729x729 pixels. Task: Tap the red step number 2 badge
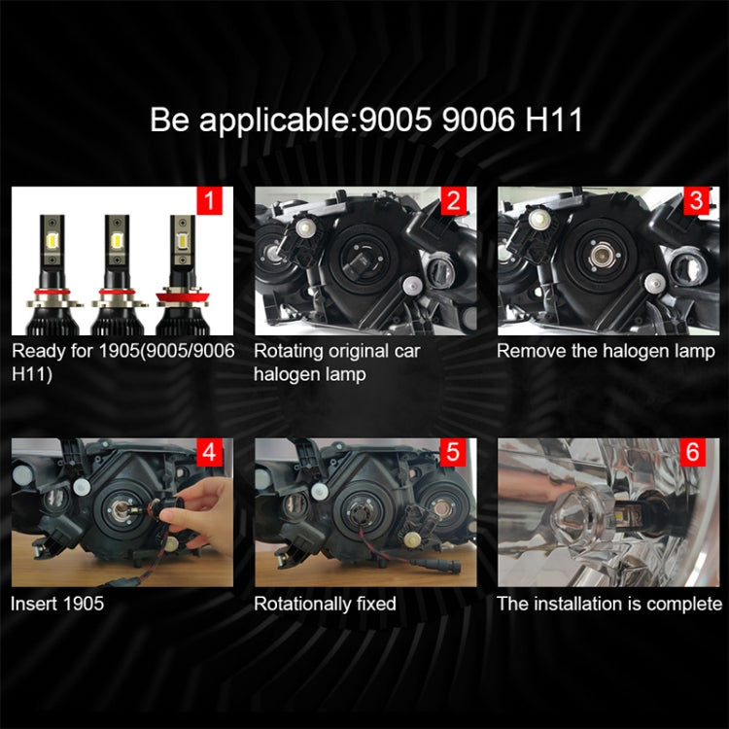[x=453, y=202]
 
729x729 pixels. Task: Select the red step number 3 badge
[x=696, y=202]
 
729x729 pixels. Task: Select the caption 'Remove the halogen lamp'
[x=606, y=352]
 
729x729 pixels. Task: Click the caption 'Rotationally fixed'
[x=325, y=604]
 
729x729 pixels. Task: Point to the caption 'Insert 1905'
[x=57, y=604]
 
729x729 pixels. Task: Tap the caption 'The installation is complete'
[x=609, y=604]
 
